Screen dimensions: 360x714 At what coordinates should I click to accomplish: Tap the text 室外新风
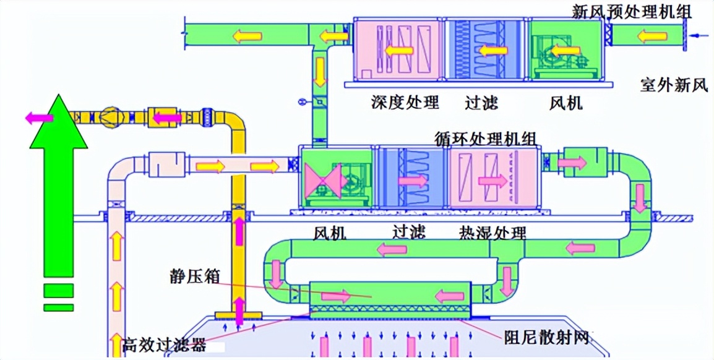pos(673,85)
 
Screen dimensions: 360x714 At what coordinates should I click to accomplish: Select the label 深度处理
pos(405,101)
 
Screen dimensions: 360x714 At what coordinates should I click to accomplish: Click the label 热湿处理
pos(492,233)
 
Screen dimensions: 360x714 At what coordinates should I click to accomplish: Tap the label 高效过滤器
pos(165,342)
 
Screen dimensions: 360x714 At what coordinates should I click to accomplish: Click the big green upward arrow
pos(59,186)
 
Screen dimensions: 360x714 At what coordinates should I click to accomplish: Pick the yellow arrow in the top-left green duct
pos(246,35)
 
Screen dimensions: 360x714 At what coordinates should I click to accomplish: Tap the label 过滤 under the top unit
pos(481,101)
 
